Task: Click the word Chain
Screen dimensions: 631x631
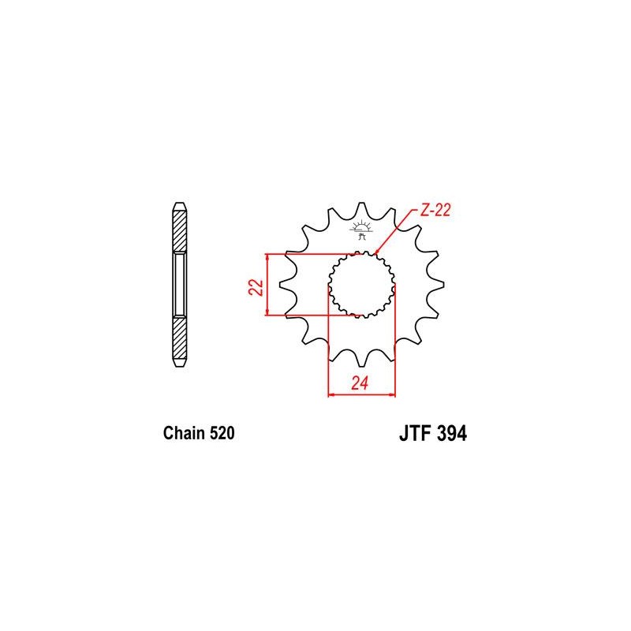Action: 184,433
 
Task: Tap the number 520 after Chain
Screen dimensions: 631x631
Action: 222,433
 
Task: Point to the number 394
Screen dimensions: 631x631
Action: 451,434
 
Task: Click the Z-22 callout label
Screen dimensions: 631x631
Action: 435,210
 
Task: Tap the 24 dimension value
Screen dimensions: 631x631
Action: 360,383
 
